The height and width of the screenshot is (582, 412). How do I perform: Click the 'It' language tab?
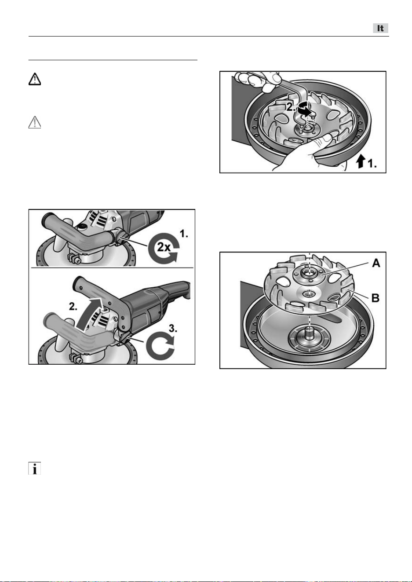click(381, 28)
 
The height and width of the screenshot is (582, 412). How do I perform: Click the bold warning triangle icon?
click(35, 79)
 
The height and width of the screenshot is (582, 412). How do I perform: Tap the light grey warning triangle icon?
click(35, 122)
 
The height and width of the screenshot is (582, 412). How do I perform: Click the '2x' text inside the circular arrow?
click(164, 247)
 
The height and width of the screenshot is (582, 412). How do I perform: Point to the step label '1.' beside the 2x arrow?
click(184, 234)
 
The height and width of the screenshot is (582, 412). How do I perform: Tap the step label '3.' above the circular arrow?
click(173, 329)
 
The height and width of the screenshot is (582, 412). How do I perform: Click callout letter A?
click(376, 263)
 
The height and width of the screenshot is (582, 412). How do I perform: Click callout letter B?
click(376, 298)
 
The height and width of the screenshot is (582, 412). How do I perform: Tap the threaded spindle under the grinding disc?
click(310, 335)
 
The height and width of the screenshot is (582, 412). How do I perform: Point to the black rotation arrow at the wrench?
click(304, 109)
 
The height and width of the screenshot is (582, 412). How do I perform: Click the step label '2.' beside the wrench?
click(291, 107)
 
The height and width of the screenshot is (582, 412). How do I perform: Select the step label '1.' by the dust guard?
click(372, 163)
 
